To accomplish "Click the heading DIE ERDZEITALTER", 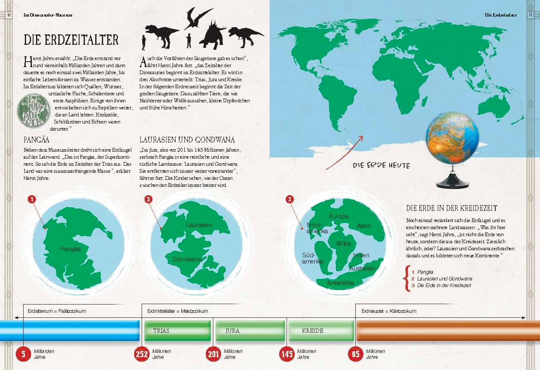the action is click(x=71, y=40).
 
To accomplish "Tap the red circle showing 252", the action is click(x=142, y=354).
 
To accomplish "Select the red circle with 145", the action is click(x=287, y=354).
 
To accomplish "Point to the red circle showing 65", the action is click(x=355, y=354).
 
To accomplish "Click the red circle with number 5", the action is click(x=23, y=354).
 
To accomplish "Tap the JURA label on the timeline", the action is click(x=233, y=331).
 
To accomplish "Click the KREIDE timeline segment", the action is click(x=313, y=331).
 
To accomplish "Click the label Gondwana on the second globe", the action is click(x=187, y=259).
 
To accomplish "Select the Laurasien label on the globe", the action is click(x=199, y=225).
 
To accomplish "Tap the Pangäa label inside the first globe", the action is click(x=70, y=249).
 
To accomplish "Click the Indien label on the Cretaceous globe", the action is click(x=361, y=255).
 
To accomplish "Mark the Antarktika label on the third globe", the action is click(x=340, y=283).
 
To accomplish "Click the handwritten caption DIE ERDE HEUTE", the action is click(x=381, y=165).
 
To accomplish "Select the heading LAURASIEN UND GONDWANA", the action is click(x=187, y=139).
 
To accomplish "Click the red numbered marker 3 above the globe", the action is click(x=290, y=199).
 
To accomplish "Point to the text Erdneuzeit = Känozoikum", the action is click(x=389, y=311).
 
